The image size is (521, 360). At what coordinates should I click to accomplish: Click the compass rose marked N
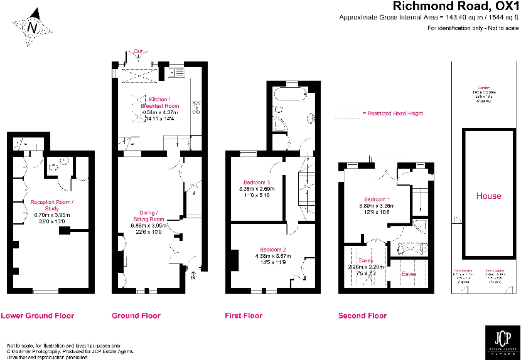33,28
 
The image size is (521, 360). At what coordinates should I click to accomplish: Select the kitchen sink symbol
178,73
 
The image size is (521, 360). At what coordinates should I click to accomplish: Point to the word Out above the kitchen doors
138,51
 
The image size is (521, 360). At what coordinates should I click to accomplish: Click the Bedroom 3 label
255,183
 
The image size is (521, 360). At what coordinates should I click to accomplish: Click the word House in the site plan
488,196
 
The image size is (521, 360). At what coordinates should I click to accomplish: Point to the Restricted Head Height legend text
395,114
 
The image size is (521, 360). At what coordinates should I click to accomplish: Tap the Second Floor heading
362,315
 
